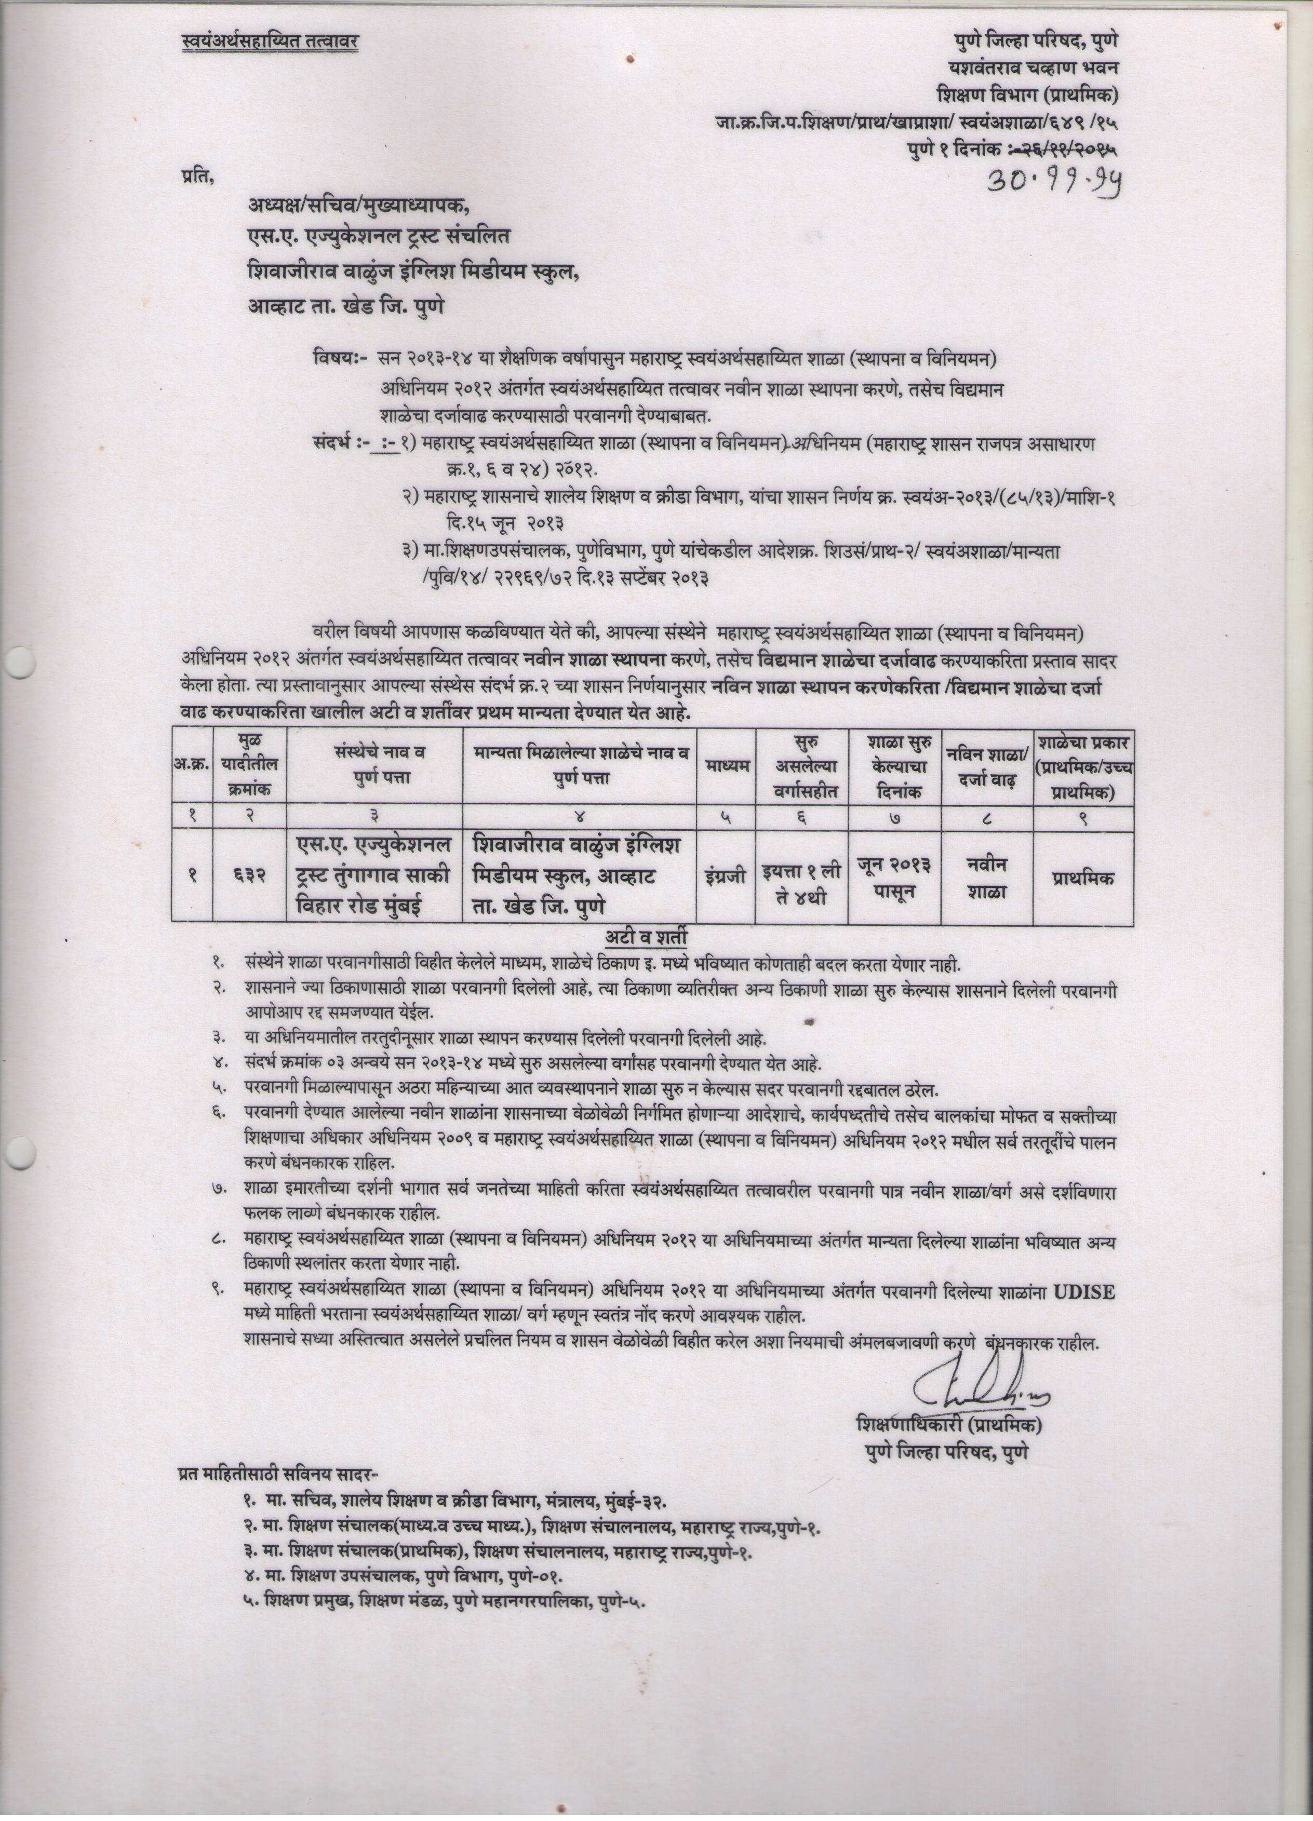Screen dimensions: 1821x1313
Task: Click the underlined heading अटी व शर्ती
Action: [651, 938]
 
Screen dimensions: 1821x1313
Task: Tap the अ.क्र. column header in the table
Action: [192, 767]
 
